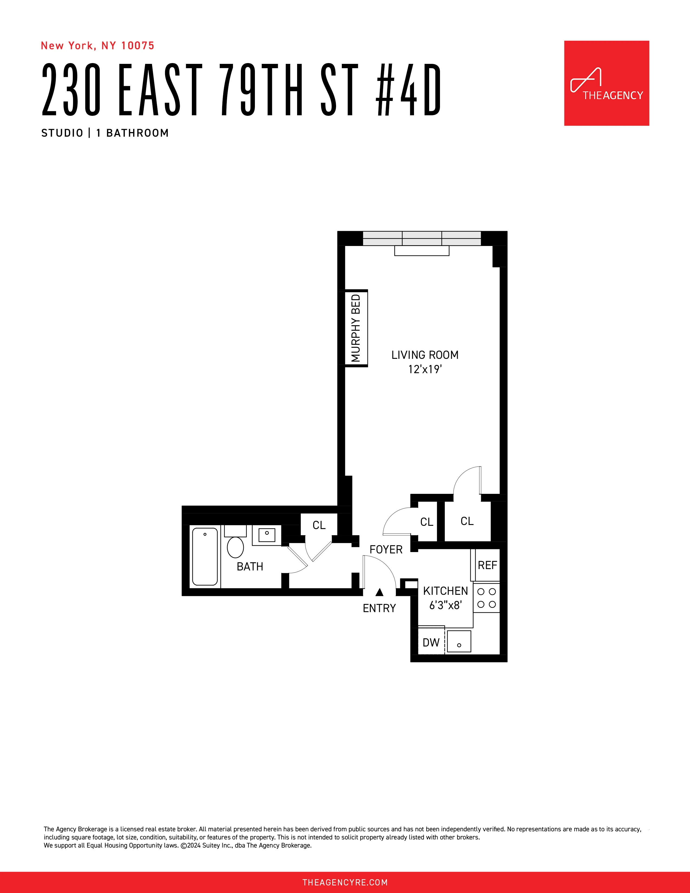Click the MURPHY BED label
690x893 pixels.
356,328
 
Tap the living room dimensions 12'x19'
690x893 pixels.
425,369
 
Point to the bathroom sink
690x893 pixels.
267,535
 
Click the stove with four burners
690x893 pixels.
487,598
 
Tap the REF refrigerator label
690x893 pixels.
487,565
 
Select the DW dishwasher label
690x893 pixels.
431,642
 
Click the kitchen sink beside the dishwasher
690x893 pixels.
459,641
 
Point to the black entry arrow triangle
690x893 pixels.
379,592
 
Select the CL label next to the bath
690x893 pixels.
319,525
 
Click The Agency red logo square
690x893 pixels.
606,83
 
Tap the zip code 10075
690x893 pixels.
138,46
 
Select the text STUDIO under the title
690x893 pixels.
62,133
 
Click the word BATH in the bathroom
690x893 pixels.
250,567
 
